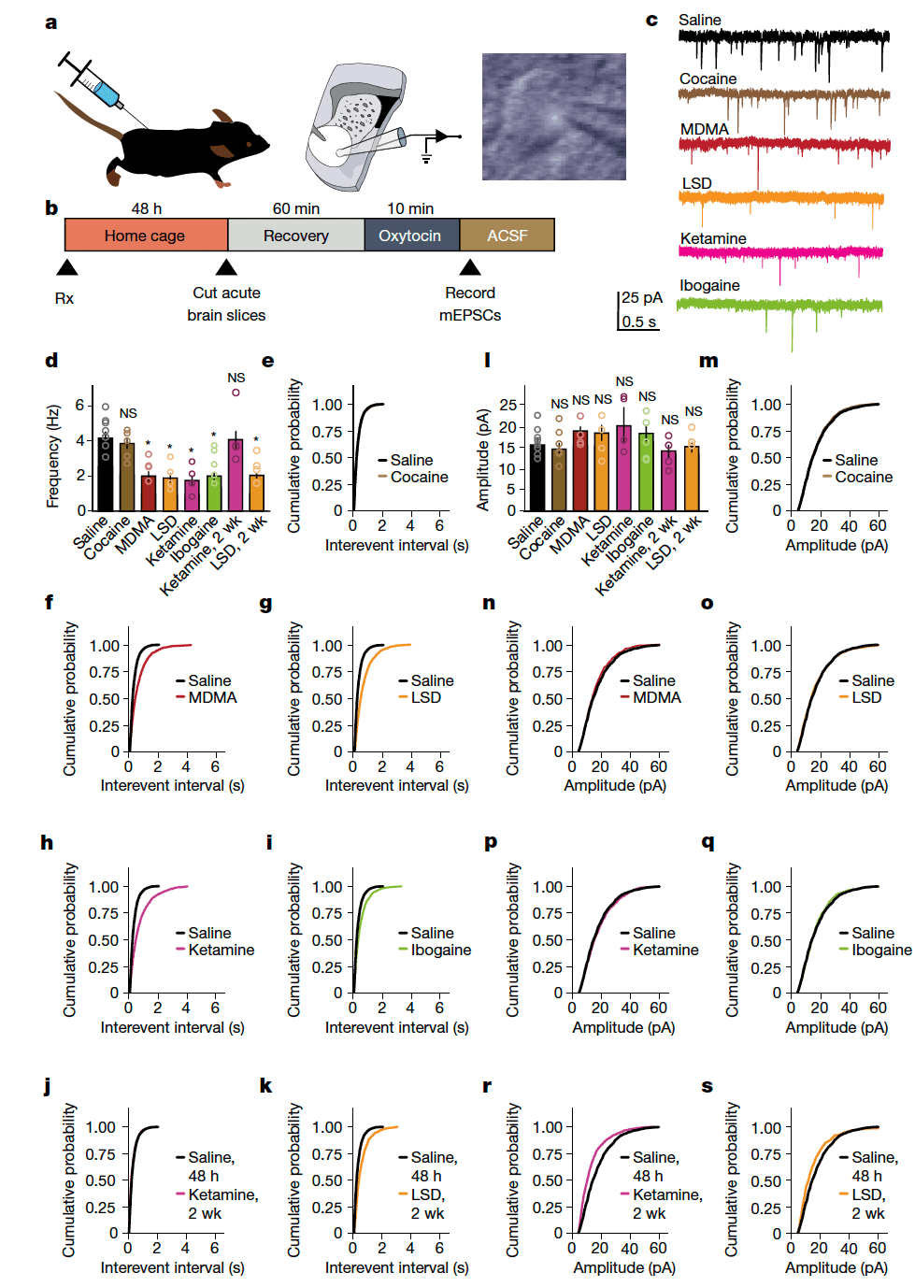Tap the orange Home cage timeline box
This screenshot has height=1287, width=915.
[x=146, y=236]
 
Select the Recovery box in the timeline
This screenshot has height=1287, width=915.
[x=295, y=236]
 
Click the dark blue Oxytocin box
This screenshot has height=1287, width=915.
[x=410, y=236]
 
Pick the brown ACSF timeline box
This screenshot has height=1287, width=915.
[x=508, y=236]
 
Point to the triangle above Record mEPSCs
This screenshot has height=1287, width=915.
[x=470, y=268]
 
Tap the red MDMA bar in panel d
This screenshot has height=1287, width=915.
[x=149, y=493]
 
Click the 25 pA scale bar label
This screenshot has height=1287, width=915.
[x=642, y=297]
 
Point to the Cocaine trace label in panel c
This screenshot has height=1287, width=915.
[x=708, y=79]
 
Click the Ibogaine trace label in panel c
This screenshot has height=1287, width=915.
[x=709, y=285]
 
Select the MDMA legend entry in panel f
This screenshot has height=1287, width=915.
[x=212, y=697]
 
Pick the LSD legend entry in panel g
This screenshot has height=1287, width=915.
[x=425, y=697]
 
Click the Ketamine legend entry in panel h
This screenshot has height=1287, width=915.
[x=221, y=950]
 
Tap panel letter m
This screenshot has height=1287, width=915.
[x=708, y=361]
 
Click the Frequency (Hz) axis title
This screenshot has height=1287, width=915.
[x=53, y=456]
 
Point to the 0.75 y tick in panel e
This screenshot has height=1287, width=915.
[x=327, y=431]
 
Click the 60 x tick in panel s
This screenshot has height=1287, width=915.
[x=878, y=1248]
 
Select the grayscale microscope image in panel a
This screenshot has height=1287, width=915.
[x=553, y=117]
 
